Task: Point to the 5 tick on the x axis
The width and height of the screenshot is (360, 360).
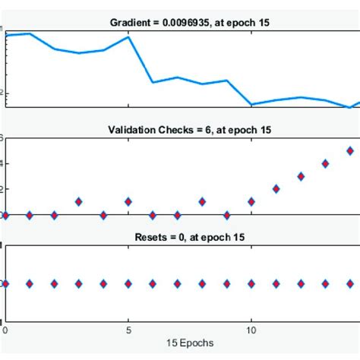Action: coord(128,331)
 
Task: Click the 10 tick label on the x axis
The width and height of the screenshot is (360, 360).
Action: coord(251,331)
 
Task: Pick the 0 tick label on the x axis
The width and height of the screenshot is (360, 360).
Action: coord(6,331)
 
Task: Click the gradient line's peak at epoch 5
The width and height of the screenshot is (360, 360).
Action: coord(128,36)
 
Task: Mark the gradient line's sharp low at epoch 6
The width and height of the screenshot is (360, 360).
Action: coord(153,82)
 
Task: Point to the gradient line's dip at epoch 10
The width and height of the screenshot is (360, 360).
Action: coord(251,104)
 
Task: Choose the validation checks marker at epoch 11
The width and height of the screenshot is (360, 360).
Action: coord(276,188)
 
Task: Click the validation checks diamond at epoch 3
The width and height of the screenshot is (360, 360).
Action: coord(79,202)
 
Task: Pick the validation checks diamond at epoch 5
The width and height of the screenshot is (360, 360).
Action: coord(128,202)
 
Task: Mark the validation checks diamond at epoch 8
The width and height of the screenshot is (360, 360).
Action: coord(202,202)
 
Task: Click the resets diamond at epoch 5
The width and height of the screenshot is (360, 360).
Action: coord(128,283)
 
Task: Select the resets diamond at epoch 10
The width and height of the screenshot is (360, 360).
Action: coord(251,283)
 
